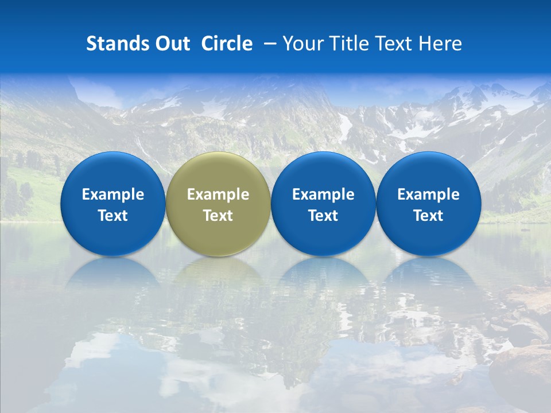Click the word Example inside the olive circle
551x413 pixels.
click(x=218, y=194)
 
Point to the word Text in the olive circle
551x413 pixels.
click(x=218, y=216)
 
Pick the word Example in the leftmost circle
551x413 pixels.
click(x=112, y=194)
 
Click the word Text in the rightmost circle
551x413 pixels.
click(x=428, y=216)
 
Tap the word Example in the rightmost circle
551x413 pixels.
click(x=428, y=194)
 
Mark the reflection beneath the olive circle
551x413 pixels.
click(x=218, y=272)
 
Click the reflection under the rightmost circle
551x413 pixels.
click(x=428, y=272)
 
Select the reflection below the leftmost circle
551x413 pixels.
click(x=112, y=272)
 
